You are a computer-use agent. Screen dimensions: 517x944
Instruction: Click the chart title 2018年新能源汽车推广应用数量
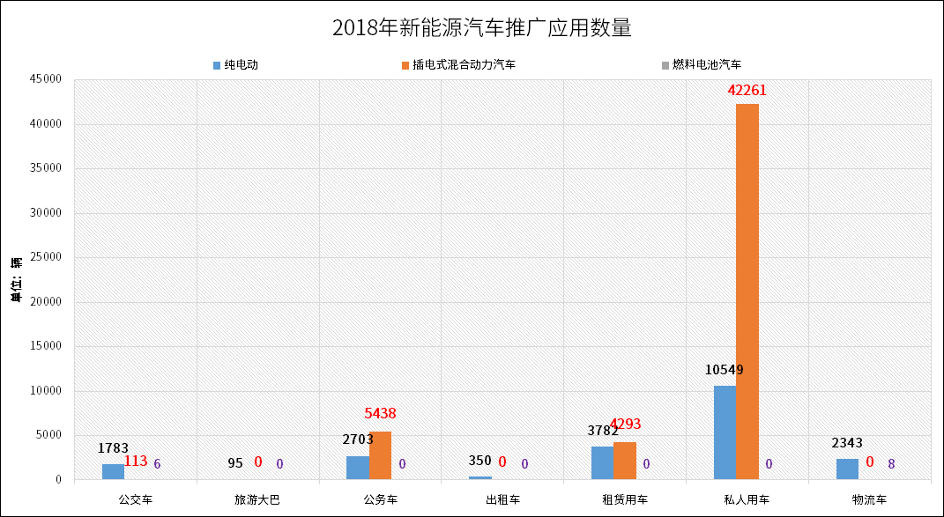coord(482,27)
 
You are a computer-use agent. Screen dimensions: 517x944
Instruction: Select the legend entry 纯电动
coord(240,65)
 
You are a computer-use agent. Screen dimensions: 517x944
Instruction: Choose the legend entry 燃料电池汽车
coord(706,65)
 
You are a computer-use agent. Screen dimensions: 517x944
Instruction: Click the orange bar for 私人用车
coord(747,292)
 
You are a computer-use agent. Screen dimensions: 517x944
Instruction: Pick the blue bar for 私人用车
coord(725,432)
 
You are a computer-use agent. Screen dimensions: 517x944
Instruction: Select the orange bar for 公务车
coord(380,455)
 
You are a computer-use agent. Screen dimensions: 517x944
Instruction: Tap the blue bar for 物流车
coord(847,469)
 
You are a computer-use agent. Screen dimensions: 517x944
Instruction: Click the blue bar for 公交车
coord(113,471)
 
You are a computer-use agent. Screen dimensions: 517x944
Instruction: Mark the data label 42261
coord(753,90)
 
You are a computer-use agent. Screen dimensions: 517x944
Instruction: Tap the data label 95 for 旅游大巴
coord(234,463)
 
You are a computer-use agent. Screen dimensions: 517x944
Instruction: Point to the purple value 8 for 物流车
coord(892,463)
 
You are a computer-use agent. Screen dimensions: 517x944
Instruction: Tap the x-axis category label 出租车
coord(502,500)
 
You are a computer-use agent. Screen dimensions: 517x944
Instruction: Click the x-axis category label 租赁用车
coord(625,500)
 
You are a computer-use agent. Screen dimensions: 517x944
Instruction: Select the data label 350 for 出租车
coord(479,462)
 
